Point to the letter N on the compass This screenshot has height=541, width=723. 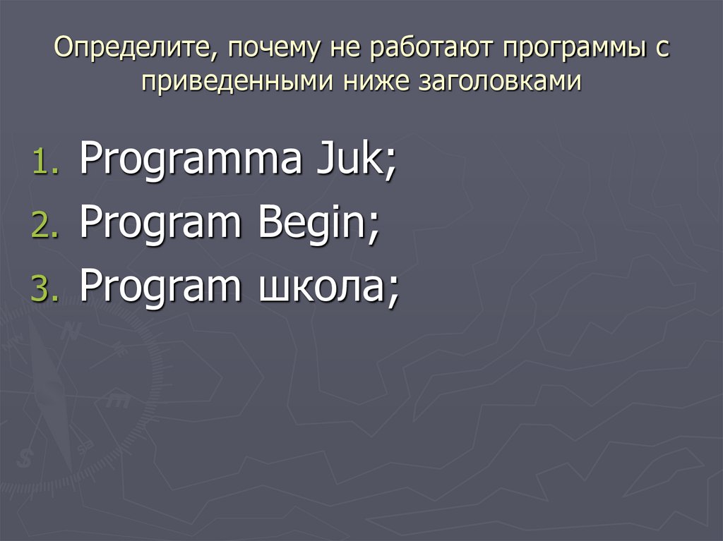[70, 331]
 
